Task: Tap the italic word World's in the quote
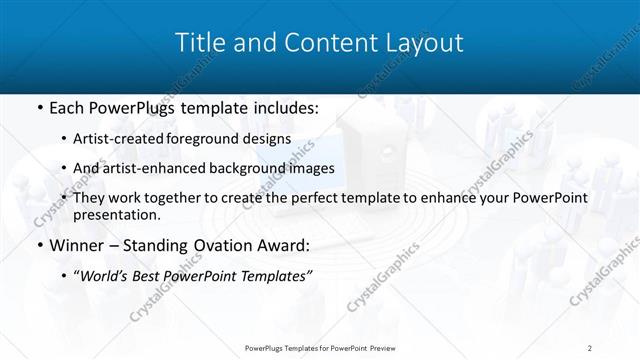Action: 104,275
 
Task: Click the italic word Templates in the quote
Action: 274,275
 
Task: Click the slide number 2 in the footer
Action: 590,347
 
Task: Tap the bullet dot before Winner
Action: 38,245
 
